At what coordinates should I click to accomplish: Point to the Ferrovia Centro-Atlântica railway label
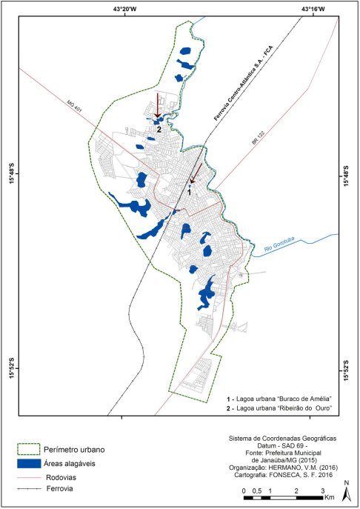(x=234, y=73)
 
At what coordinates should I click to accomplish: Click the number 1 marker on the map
(x=190, y=192)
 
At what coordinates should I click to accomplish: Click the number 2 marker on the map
(x=159, y=129)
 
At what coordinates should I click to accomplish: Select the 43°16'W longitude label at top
(x=312, y=9)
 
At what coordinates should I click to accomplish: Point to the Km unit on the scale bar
(x=331, y=498)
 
